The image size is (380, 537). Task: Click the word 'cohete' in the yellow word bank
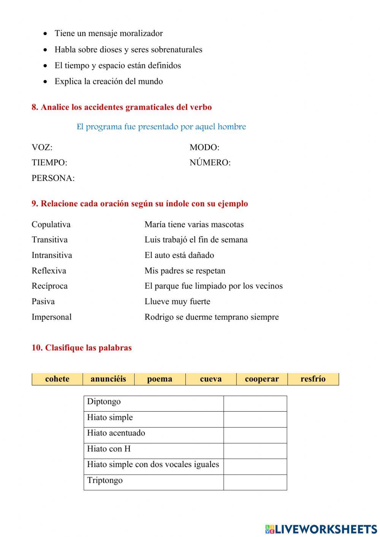click(x=57, y=379)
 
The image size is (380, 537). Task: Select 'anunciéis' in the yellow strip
click(x=108, y=379)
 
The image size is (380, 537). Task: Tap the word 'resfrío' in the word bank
click(x=313, y=379)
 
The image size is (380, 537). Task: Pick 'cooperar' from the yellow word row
click(x=262, y=379)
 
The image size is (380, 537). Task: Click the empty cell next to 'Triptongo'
click(x=255, y=482)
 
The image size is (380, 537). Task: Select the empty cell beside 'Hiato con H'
click(x=255, y=450)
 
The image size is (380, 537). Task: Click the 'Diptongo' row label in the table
click(x=104, y=402)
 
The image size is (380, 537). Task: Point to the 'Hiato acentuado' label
click(x=116, y=433)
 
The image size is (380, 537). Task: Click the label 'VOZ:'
click(x=42, y=147)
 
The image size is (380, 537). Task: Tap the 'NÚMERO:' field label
click(x=210, y=163)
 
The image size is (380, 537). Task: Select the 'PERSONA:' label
click(x=53, y=178)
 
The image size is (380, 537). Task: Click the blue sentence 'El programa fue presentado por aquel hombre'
click(x=161, y=127)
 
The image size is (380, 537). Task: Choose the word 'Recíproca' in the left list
click(x=49, y=286)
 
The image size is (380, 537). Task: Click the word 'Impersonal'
click(x=51, y=317)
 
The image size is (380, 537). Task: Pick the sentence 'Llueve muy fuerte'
click(x=177, y=302)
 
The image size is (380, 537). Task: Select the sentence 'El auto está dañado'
click(x=179, y=255)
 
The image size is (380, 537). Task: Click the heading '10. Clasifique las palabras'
click(x=82, y=348)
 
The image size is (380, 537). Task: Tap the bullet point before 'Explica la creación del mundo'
click(x=46, y=82)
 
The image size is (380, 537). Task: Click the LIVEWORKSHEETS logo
click(x=321, y=529)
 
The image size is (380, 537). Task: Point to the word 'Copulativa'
click(x=51, y=225)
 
